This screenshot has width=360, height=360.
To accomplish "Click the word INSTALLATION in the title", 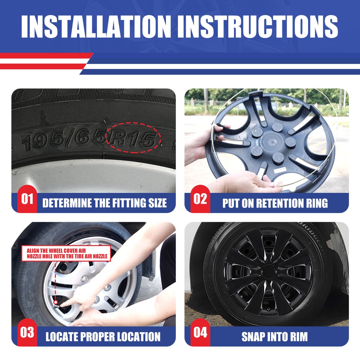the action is coord(96,26).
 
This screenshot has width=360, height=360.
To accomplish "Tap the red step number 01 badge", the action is coord(27,199).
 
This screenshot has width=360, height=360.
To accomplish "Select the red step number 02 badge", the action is coord(200,199).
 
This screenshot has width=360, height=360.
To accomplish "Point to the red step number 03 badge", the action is coord(27,332).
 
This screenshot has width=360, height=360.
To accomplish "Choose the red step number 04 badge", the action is coord(200,332).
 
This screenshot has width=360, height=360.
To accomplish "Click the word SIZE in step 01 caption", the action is coord(158,203).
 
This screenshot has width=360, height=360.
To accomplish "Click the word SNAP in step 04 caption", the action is coord(252,337).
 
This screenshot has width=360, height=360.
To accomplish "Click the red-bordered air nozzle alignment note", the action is coord(66,253).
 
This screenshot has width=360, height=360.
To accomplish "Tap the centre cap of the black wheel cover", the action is coord(269,271).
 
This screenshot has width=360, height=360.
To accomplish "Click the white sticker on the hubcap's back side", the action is coord(280,170).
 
